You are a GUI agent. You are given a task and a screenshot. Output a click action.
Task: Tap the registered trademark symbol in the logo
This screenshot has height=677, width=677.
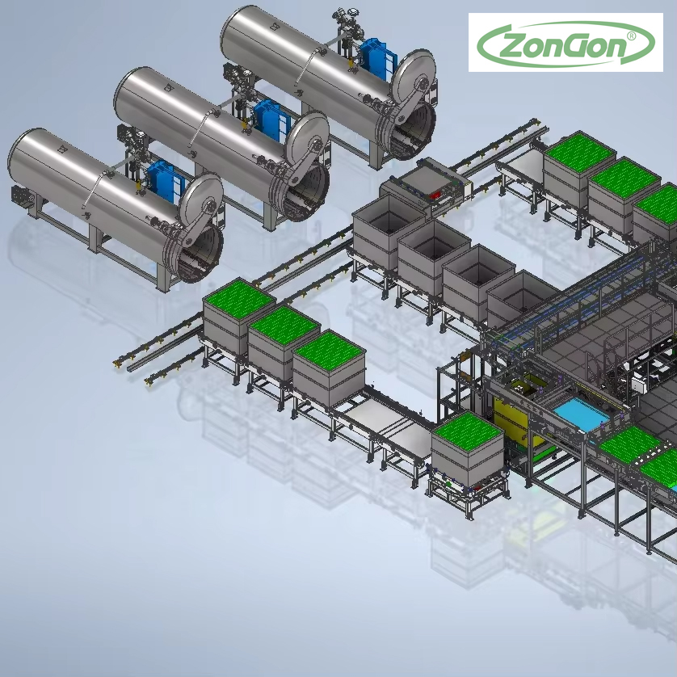[631, 36]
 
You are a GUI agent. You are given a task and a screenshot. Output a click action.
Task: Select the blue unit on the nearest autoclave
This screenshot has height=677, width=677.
[166, 180]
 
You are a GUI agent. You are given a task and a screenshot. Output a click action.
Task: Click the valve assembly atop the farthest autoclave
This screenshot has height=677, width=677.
[347, 27]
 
